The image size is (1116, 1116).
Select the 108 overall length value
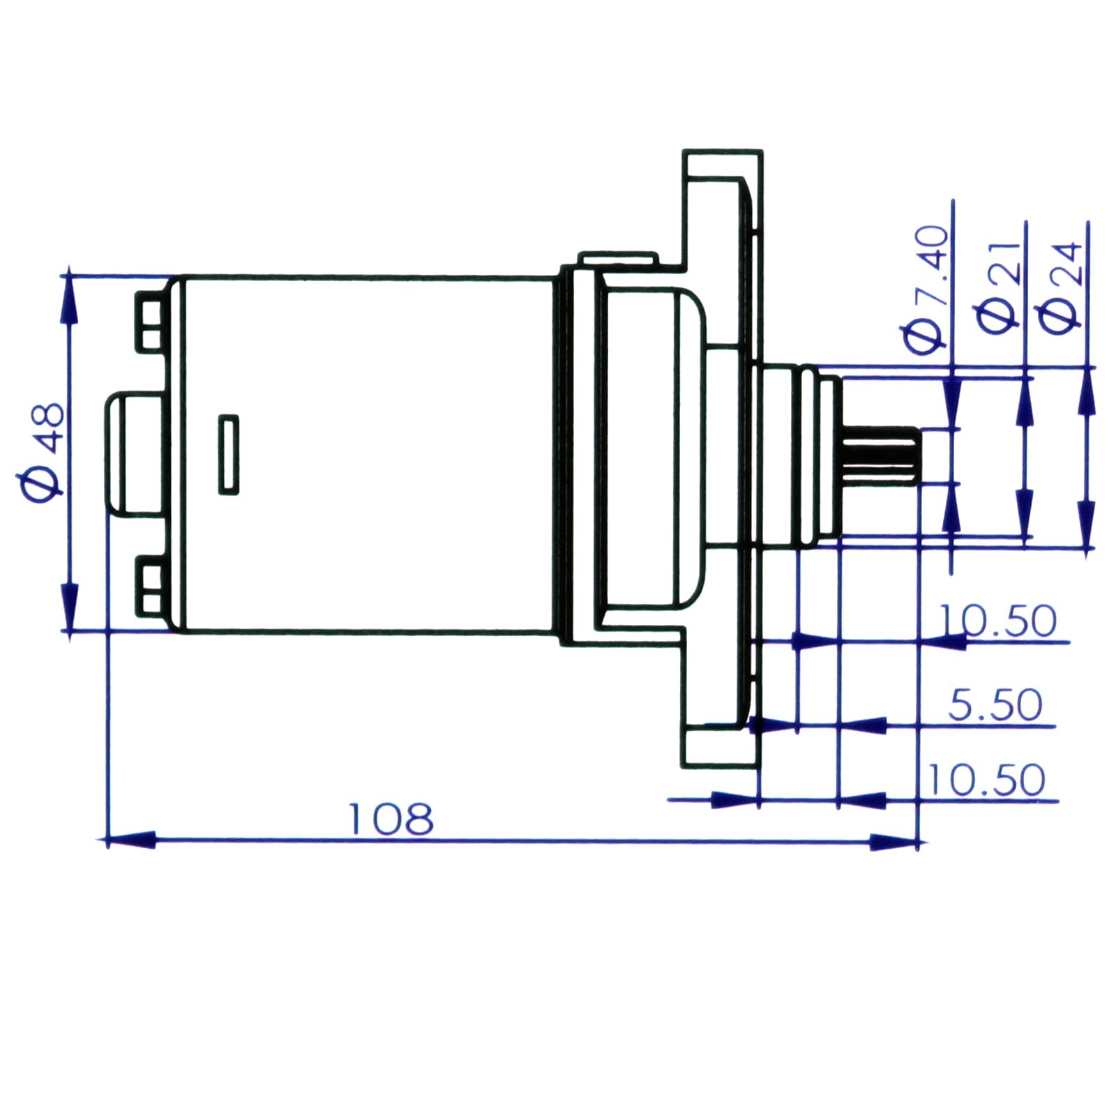pyautogui.click(x=391, y=819)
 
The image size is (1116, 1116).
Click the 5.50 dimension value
pyautogui.click(x=995, y=704)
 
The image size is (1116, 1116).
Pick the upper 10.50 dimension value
pyautogui.click(x=997, y=620)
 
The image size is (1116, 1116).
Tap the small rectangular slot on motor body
pyautogui.click(x=229, y=455)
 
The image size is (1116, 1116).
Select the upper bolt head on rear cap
pyautogui.click(x=150, y=322)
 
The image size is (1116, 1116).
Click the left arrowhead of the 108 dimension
pyautogui.click(x=130, y=840)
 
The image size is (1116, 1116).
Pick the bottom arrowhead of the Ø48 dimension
pyautogui.click(x=68, y=607)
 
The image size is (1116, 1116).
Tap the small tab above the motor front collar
pyautogui.click(x=617, y=259)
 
